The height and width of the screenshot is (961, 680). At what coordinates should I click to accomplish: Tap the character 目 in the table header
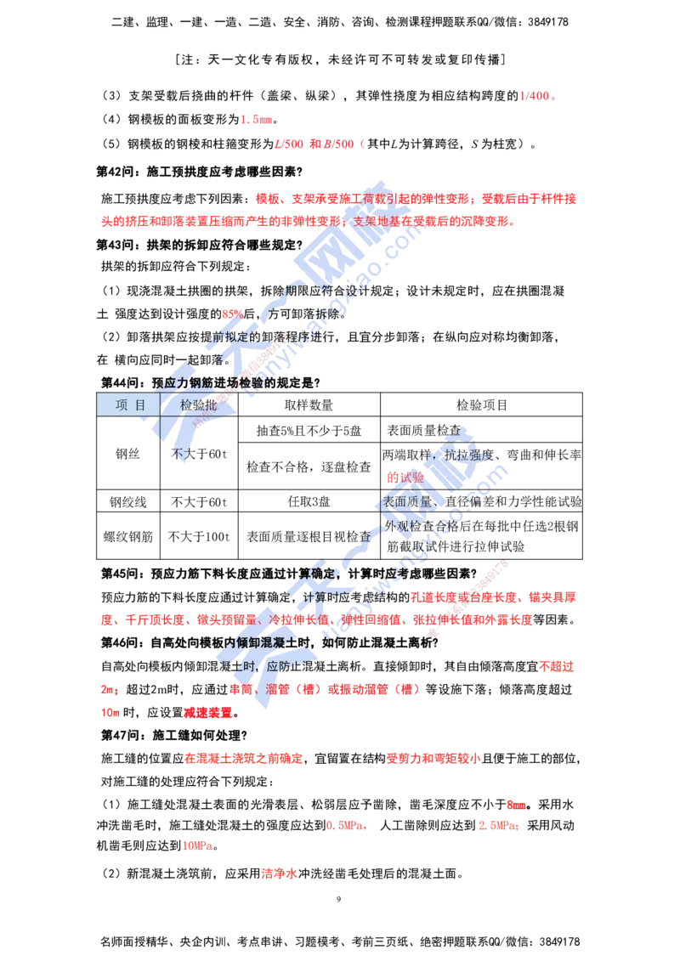click(140, 405)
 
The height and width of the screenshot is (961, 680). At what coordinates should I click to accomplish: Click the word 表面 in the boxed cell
click(396, 501)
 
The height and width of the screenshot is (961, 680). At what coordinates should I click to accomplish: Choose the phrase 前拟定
click(229, 338)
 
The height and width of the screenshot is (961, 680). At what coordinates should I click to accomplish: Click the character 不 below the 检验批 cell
click(179, 454)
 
